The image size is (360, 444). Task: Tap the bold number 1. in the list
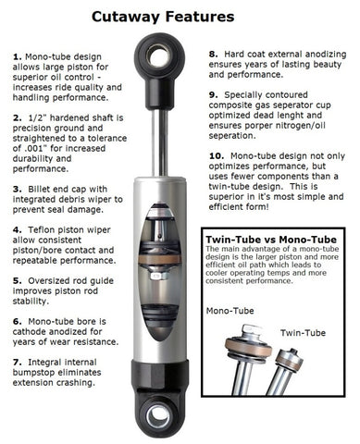tap(18, 56)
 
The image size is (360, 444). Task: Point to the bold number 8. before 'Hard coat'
tap(213, 56)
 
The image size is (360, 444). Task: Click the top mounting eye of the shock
tap(159, 58)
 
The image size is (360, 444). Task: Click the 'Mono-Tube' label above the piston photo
tap(230, 313)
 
